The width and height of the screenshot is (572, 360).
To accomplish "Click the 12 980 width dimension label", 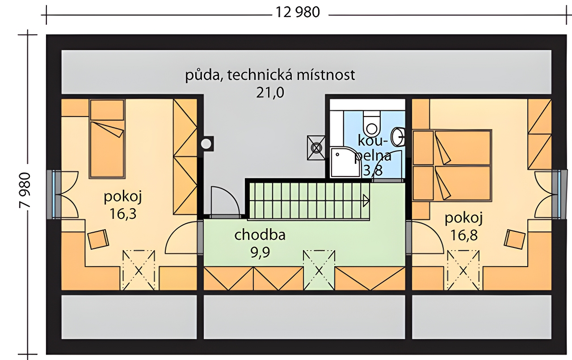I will click(298, 12).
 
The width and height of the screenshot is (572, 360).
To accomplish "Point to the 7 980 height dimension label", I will click(25, 190).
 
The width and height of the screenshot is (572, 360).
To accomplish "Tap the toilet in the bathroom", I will click(371, 123).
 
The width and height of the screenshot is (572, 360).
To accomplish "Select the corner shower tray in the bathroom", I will click(345, 162).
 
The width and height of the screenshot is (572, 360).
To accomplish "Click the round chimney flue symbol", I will click(206, 144).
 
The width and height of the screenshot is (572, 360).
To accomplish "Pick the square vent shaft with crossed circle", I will click(316, 147).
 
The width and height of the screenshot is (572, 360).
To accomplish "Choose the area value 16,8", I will click(464, 235).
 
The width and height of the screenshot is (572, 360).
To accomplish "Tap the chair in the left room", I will click(98, 239).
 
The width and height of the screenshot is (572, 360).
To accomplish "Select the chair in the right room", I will click(515, 239).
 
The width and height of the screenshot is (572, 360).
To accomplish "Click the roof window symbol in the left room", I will click(139, 270).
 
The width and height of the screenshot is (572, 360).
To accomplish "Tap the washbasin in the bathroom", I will click(399, 137).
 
